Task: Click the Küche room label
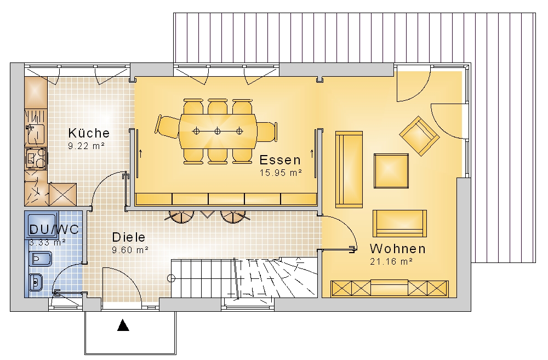tap(89, 133)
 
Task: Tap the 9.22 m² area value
tap(87, 146)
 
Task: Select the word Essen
tap(280, 160)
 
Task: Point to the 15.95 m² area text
tap(281, 172)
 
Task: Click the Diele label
tap(129, 237)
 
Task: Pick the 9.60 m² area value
tap(130, 249)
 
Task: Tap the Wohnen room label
tap(398, 249)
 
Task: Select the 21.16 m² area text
tap(391, 261)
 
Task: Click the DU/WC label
tap(54, 229)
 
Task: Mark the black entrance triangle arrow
tap(123, 325)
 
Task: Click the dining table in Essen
tap(218, 131)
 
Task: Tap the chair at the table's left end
tap(167, 126)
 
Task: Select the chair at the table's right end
tap(267, 132)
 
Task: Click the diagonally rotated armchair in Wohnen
tap(419, 135)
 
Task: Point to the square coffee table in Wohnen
tap(391, 170)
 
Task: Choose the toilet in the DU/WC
tap(40, 259)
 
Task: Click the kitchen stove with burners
tap(36, 158)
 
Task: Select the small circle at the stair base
tap(171, 278)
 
